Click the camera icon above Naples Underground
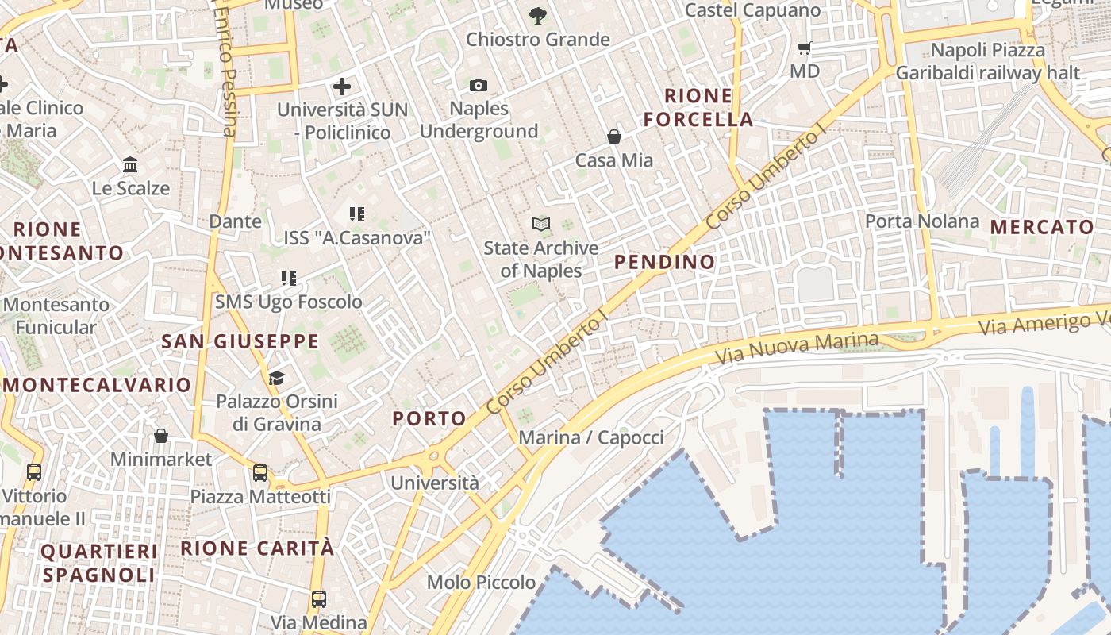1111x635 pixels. click(479, 85)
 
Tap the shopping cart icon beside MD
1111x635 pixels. click(804, 48)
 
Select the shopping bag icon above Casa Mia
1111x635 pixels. click(614, 137)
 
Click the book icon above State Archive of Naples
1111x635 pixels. click(541, 224)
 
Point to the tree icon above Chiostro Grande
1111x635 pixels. click(537, 14)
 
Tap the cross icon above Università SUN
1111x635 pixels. click(342, 86)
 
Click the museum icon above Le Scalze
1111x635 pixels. click(130, 165)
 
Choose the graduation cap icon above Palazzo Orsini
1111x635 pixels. click(276, 378)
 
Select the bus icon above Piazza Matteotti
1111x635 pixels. click(260, 473)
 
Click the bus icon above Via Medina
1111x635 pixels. click(319, 598)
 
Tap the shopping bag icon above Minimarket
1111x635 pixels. click(161, 436)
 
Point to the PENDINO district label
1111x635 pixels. click(664, 262)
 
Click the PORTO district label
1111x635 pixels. click(430, 418)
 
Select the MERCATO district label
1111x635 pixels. click(1042, 227)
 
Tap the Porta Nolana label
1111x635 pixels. click(922, 221)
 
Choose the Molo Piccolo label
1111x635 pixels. click(481, 583)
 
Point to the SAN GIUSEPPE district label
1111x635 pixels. click(240, 342)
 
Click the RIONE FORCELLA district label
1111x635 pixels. click(698, 108)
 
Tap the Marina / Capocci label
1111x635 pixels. click(590, 437)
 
